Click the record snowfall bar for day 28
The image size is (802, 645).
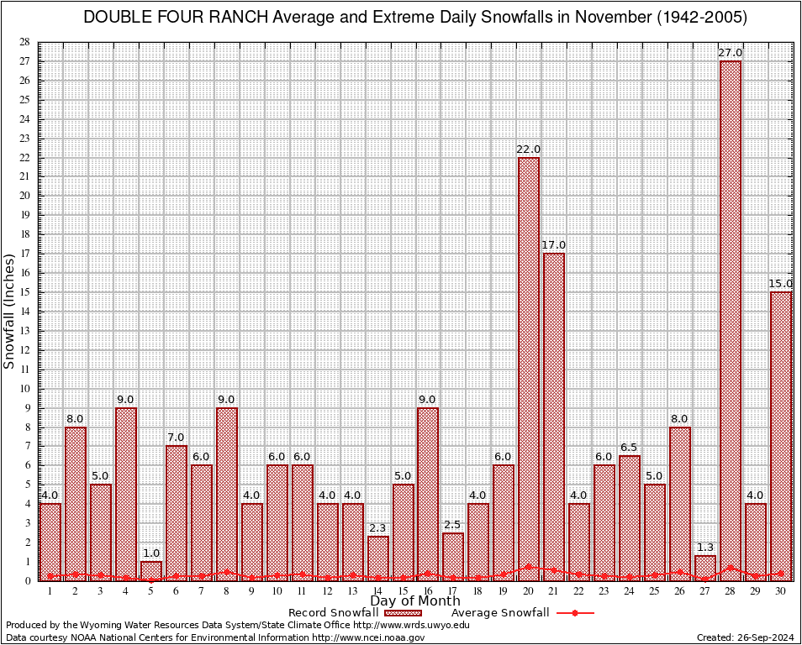[x=731, y=319]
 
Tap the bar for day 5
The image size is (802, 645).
[x=151, y=571]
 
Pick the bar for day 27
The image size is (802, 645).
[x=705, y=568]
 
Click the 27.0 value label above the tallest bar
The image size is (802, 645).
[x=730, y=53]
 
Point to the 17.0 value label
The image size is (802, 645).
[x=553, y=245]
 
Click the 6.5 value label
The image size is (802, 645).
[x=629, y=447]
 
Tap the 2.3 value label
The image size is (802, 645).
[x=377, y=527]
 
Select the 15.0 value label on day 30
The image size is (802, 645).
[x=780, y=284]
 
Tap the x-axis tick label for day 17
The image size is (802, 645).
[x=453, y=591]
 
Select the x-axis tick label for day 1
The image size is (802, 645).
[x=50, y=591]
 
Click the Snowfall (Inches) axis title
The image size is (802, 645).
[x=10, y=311]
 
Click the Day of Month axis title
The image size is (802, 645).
[x=415, y=601]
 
